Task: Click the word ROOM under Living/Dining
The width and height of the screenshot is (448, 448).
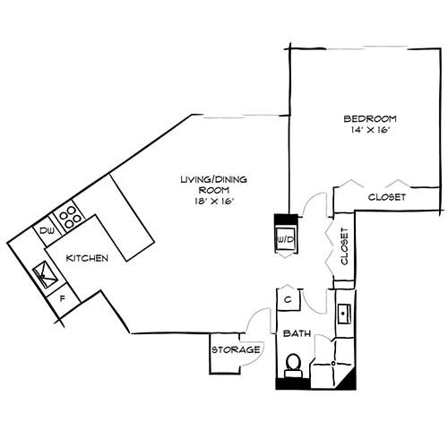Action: tap(208, 191)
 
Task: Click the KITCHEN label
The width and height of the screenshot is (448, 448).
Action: tap(87, 258)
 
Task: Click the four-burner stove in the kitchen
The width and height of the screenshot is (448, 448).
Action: tap(68, 217)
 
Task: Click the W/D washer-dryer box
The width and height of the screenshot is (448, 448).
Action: tap(286, 239)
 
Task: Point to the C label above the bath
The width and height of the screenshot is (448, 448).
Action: tap(289, 299)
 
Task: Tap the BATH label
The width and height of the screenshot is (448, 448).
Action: tap(297, 334)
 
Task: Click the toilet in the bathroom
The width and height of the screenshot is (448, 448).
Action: tap(292, 363)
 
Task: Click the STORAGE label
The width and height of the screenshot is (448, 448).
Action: tap(236, 349)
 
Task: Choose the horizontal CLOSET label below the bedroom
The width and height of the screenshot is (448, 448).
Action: tap(387, 197)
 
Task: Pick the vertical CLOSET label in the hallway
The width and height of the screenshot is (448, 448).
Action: tap(342, 246)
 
